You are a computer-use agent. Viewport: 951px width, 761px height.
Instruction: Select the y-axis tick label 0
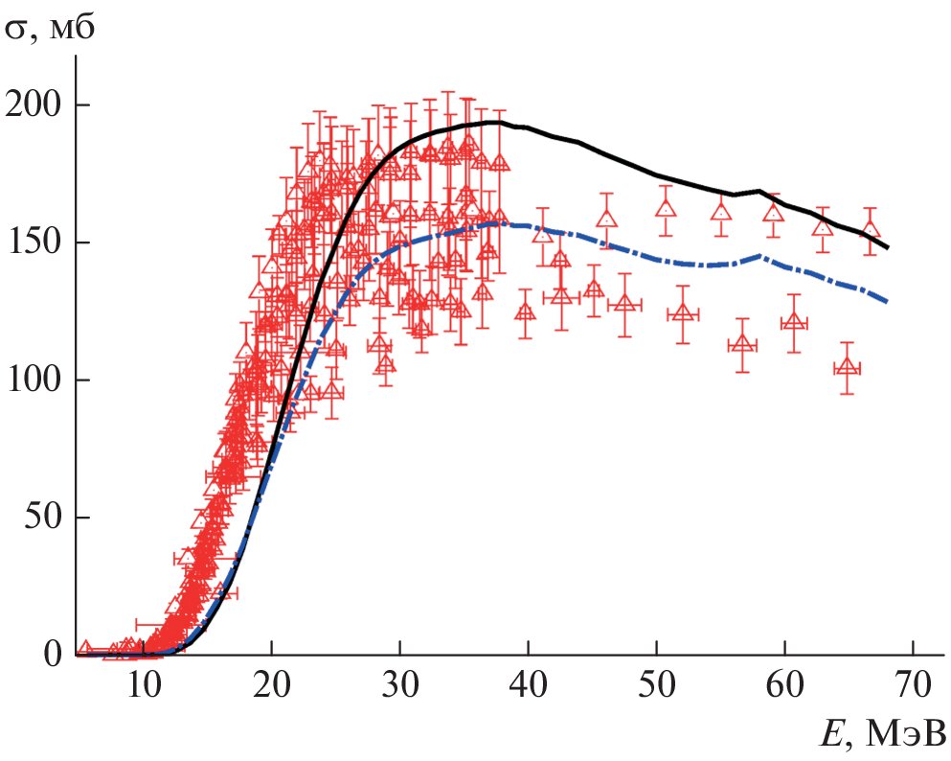point(54,656)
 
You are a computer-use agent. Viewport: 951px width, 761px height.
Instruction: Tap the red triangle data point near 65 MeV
point(848,367)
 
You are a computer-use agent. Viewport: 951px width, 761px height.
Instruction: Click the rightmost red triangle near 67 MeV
point(870,231)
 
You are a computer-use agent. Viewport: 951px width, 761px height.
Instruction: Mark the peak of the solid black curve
point(492,122)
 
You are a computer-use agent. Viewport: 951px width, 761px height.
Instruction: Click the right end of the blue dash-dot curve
point(888,302)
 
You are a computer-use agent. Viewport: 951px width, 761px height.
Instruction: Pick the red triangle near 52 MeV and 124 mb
point(683,313)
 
